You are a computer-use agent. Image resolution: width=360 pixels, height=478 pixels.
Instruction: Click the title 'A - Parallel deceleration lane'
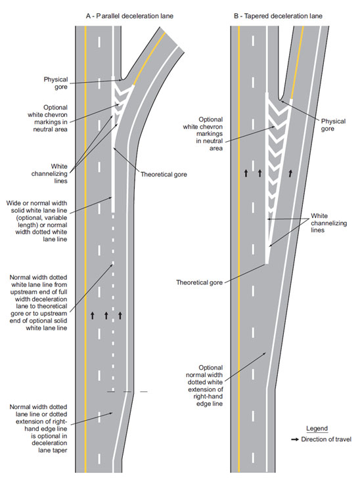click(x=129, y=16)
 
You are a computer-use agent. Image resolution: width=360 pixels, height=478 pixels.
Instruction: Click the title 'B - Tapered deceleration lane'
click(x=278, y=16)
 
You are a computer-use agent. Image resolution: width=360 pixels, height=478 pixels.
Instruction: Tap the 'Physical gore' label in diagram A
click(x=56, y=83)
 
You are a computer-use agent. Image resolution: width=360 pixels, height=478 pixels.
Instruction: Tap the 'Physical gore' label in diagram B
click(x=333, y=125)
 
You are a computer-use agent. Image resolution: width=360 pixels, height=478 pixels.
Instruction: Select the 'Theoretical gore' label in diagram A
click(x=164, y=175)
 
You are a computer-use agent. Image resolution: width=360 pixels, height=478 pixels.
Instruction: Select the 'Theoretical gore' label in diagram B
click(x=199, y=282)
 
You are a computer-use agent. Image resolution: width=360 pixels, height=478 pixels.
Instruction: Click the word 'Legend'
click(x=317, y=428)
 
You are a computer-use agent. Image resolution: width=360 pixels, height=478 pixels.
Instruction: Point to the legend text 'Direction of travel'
click(x=326, y=439)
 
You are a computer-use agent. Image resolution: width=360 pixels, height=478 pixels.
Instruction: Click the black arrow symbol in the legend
click(x=295, y=440)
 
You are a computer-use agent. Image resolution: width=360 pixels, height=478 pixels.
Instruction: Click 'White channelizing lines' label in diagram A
click(x=49, y=173)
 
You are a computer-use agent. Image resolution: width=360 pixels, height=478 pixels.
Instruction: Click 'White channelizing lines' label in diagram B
click(x=329, y=223)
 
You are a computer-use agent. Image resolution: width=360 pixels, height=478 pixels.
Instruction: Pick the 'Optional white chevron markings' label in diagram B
click(x=203, y=134)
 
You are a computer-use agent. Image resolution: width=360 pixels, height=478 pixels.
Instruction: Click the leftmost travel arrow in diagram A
click(x=93, y=315)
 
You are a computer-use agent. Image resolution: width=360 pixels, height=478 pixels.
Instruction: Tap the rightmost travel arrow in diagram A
click(x=120, y=315)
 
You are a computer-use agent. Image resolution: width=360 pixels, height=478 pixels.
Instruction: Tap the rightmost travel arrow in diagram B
click(x=290, y=173)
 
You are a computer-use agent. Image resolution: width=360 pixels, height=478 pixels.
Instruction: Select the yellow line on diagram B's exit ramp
click(x=297, y=62)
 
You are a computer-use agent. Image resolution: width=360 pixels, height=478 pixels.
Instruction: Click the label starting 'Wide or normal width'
click(x=37, y=221)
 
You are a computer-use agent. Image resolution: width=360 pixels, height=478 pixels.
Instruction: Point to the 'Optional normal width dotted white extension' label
click(x=204, y=385)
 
